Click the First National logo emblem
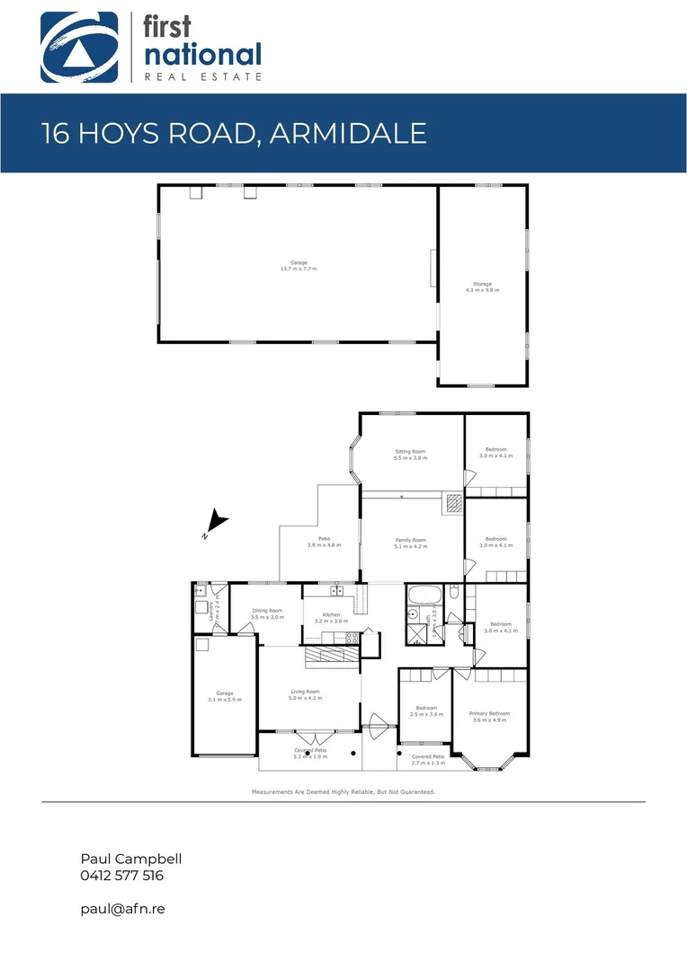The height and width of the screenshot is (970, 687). click(x=78, y=48)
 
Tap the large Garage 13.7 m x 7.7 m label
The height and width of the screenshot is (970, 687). click(x=298, y=266)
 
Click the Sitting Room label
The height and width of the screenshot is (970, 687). click(x=410, y=454)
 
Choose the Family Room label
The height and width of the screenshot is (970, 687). click(x=411, y=543)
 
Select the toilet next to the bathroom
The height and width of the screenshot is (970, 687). click(x=455, y=593)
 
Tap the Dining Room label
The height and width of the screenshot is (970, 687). click(x=267, y=614)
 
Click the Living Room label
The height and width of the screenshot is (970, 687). click(x=305, y=694)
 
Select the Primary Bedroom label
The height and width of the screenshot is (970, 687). click(x=490, y=717)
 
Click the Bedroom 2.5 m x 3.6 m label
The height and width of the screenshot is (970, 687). click(x=426, y=710)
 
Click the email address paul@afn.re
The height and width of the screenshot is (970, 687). click(x=122, y=909)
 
